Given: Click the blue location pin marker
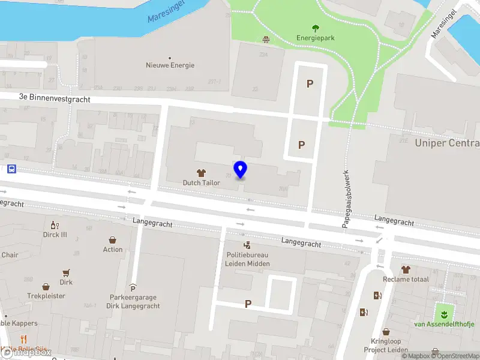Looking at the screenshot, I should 240,170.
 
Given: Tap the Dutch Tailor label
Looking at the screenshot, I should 202,182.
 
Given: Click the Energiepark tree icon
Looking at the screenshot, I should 316,28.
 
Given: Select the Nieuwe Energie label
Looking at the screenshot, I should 170,65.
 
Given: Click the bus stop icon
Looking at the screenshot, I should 11,169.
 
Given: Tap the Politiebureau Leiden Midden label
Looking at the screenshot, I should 248,259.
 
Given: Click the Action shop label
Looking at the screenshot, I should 113,250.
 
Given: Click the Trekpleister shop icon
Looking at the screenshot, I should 46,287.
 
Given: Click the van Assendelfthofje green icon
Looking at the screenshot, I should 445,313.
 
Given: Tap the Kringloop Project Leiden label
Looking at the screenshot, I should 386,345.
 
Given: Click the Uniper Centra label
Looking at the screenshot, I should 447,143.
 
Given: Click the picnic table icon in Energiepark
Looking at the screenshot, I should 265,40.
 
